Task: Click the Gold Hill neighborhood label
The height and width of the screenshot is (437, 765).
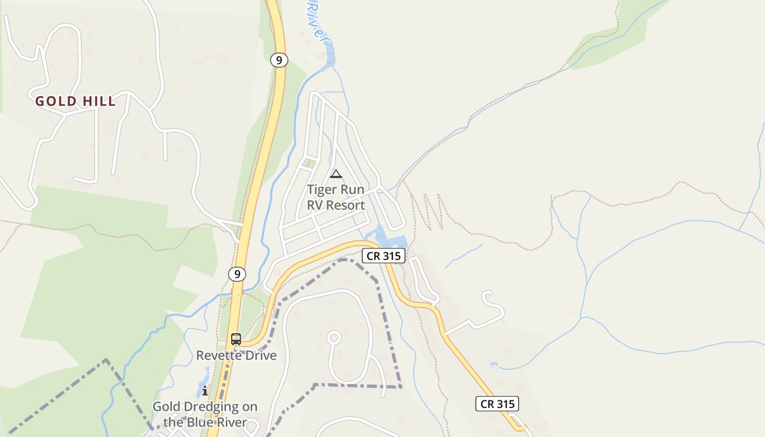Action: (75, 101)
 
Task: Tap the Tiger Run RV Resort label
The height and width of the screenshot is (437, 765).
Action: (336, 197)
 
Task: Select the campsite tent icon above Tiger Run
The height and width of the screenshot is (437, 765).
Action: (336, 174)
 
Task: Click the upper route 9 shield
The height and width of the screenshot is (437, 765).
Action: (279, 60)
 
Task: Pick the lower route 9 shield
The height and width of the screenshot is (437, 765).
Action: (237, 274)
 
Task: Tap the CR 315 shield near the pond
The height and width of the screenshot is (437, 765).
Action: (383, 255)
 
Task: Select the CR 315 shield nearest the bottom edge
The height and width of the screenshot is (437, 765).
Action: (497, 404)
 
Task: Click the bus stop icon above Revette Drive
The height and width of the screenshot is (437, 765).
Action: (236, 339)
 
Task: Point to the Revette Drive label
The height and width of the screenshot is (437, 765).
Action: (237, 356)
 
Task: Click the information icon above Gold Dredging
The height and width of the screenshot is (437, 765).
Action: (204, 391)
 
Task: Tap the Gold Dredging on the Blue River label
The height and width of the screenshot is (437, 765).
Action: (205, 415)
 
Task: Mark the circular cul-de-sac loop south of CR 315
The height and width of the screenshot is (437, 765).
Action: (334, 338)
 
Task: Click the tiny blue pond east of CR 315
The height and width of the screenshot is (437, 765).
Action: (494, 364)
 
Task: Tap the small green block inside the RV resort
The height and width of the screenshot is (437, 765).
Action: (309, 163)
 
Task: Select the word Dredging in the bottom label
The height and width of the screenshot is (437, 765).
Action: (207, 407)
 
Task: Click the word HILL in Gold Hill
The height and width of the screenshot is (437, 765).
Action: (99, 101)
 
